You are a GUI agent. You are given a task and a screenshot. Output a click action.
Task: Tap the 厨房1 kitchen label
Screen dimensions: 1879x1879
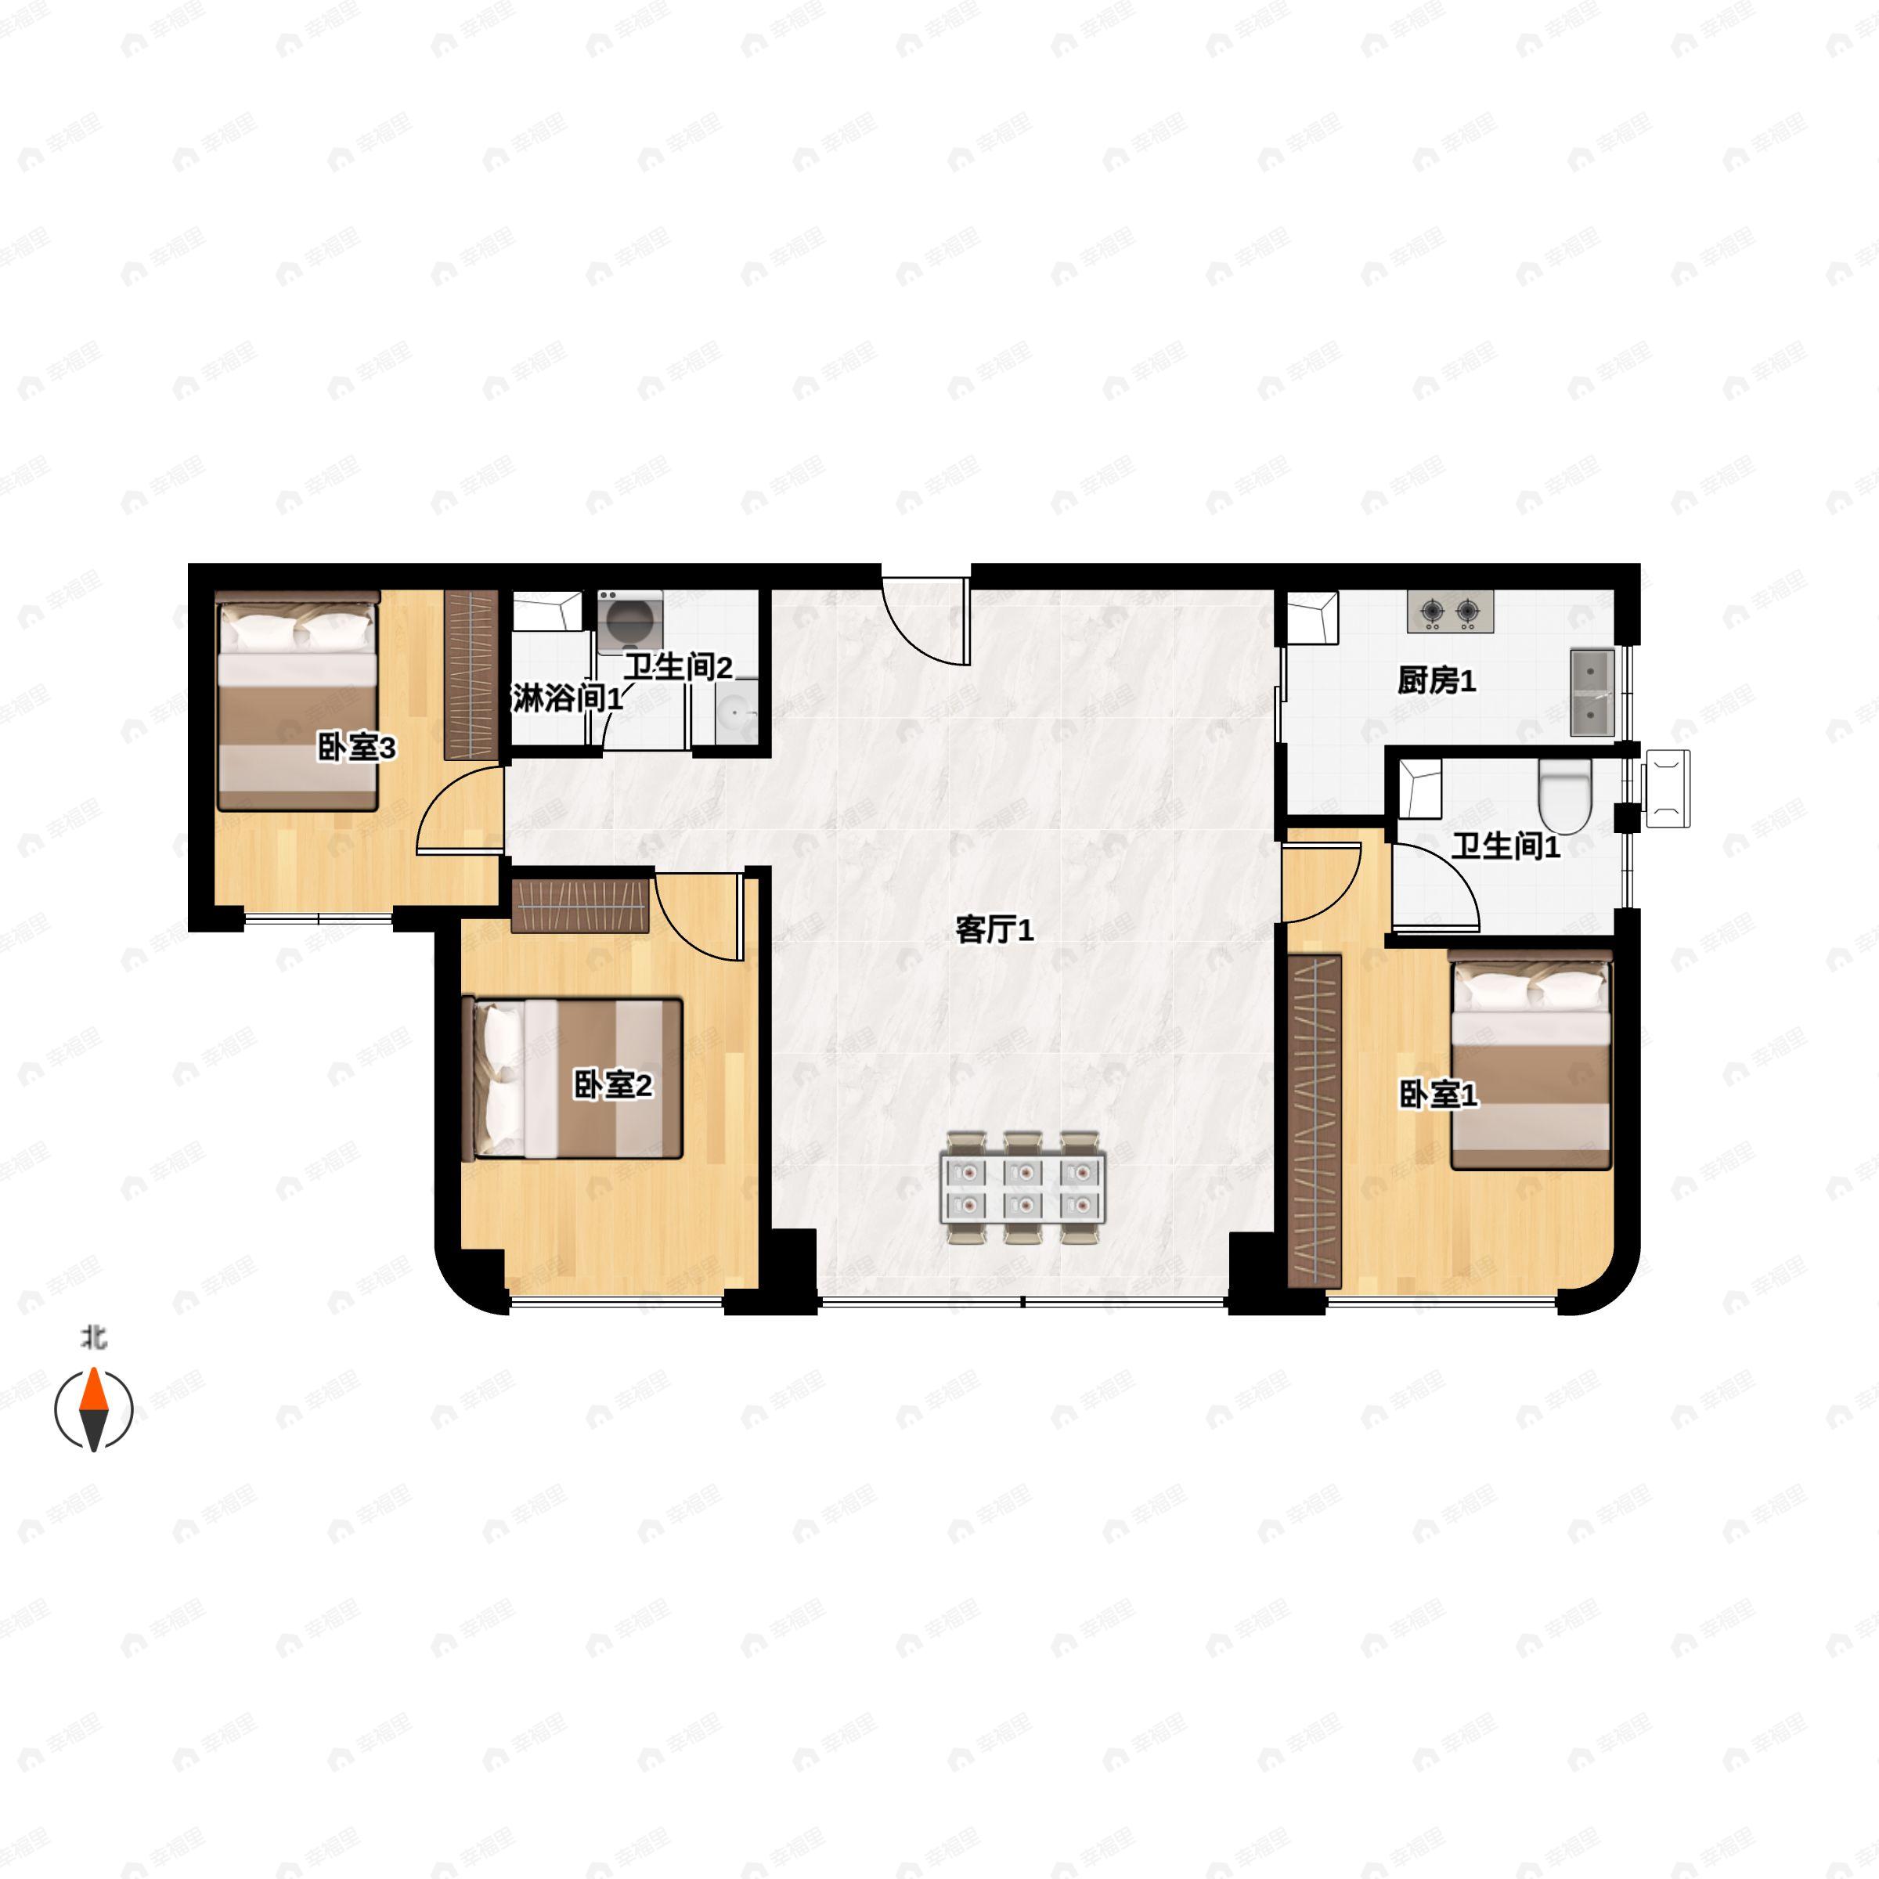[x=1436, y=681]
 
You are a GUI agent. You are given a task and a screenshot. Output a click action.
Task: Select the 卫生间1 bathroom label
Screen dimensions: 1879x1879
[x=1505, y=846]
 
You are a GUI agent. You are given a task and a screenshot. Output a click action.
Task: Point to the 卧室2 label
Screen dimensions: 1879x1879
[x=613, y=1084]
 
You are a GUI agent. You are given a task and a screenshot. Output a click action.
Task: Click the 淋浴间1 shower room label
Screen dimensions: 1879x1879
[x=566, y=698]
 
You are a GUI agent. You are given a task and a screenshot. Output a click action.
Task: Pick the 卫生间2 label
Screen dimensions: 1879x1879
[x=677, y=667]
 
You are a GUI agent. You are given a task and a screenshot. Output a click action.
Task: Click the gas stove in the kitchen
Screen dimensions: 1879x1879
[x=1449, y=611]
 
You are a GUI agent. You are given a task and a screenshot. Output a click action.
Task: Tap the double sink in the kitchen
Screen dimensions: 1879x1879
[x=1592, y=692]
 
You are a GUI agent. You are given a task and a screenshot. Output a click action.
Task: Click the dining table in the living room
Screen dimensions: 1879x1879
[x=1022, y=1188]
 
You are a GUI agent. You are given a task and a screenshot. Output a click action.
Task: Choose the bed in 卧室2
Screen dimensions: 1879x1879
[x=578, y=1077]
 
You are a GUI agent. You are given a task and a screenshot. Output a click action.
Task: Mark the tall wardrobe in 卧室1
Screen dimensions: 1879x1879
[x=1314, y=1120]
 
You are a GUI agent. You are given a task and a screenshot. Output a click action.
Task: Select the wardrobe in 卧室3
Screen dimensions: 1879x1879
[x=471, y=675]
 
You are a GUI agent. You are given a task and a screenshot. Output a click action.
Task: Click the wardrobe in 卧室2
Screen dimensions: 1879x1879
[x=579, y=906]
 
